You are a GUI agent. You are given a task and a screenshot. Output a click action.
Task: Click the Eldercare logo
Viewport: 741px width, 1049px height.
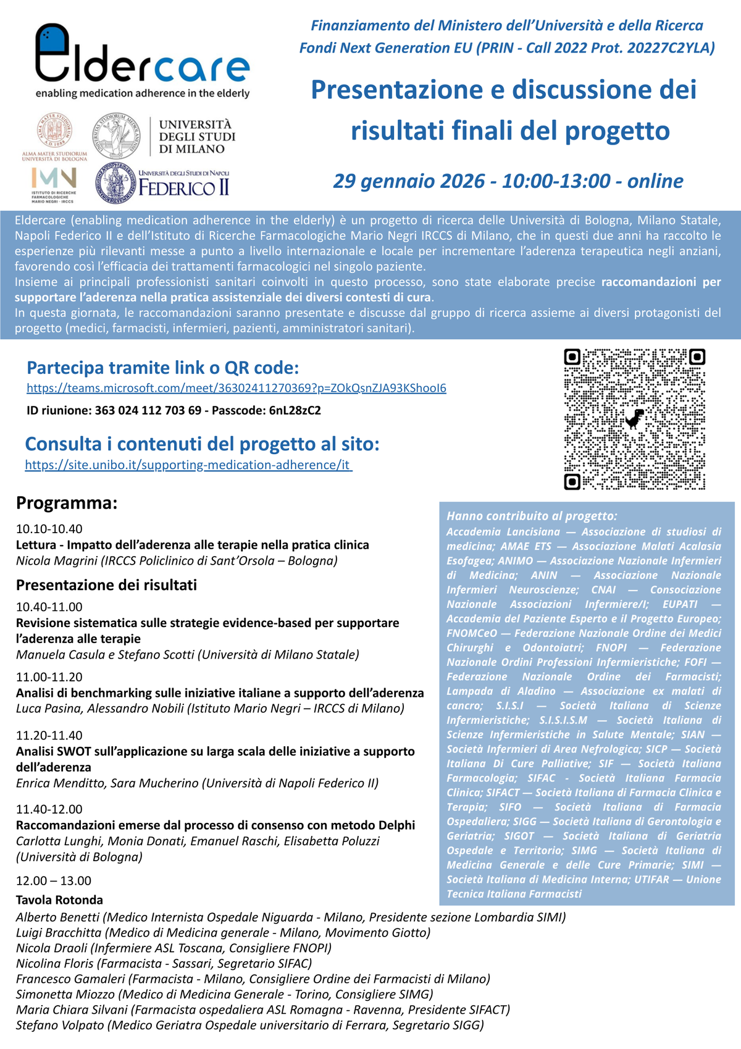pyautogui.click(x=142, y=61)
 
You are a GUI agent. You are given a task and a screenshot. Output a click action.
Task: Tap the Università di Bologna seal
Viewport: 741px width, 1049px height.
pyautogui.click(x=54, y=130)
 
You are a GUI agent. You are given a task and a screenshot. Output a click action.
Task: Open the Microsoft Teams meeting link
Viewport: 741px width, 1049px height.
pyautogui.click(x=236, y=389)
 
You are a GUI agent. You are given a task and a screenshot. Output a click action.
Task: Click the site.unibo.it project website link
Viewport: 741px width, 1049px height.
pyautogui.click(x=188, y=465)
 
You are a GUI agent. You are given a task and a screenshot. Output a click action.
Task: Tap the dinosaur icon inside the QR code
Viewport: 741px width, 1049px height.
pyautogui.click(x=634, y=419)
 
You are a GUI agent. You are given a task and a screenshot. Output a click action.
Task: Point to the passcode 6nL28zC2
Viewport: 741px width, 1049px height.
pyautogui.click(x=295, y=410)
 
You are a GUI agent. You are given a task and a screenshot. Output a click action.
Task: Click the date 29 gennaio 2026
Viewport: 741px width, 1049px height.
pyautogui.click(x=409, y=181)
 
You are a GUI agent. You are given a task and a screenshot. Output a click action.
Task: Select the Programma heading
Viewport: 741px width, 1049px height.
pyautogui.click(x=67, y=503)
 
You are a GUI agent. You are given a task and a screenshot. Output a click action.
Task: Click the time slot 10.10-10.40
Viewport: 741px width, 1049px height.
pyautogui.click(x=49, y=529)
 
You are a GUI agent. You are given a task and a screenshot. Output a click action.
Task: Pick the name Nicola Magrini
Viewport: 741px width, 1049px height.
pyautogui.click(x=56, y=561)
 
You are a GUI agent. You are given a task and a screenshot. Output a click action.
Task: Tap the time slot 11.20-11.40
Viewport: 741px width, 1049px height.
pyautogui.click(x=49, y=735)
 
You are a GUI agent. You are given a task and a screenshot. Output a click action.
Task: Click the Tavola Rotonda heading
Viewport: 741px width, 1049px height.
pyautogui.click(x=59, y=899)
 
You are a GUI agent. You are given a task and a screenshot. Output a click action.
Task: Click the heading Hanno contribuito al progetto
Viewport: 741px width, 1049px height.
pyautogui.click(x=532, y=516)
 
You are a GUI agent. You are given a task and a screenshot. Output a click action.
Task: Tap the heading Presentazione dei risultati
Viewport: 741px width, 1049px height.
pyautogui.click(x=106, y=585)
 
